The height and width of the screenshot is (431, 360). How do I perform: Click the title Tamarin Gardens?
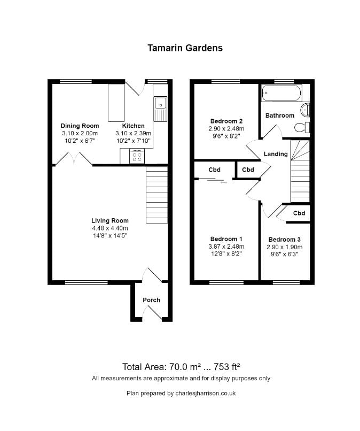pyautogui.click(x=185, y=48)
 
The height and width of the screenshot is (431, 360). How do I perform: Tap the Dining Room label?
pyautogui.click(x=80, y=126)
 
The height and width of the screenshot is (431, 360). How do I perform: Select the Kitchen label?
pyautogui.click(x=133, y=126)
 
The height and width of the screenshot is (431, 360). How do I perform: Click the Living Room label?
pyautogui.click(x=109, y=220)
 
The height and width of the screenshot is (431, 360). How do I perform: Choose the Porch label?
pyautogui.click(x=151, y=300)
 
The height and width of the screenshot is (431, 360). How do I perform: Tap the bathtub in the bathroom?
pyautogui.click(x=281, y=93)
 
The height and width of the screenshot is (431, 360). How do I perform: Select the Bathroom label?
pyautogui.click(x=279, y=116)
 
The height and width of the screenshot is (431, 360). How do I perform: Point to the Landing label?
pyautogui.click(x=276, y=154)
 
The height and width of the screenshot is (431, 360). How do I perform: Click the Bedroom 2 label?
pyautogui.click(x=226, y=121)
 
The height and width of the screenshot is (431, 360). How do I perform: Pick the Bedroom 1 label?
pyautogui.click(x=226, y=238)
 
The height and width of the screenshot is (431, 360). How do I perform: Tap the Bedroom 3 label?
pyautogui.click(x=284, y=239)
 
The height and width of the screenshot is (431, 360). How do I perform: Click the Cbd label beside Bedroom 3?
pyautogui.click(x=299, y=213)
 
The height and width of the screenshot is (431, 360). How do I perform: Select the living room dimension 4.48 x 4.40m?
pyautogui.click(x=109, y=228)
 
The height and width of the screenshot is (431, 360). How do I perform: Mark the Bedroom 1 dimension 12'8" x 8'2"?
pyautogui.click(x=226, y=254)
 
